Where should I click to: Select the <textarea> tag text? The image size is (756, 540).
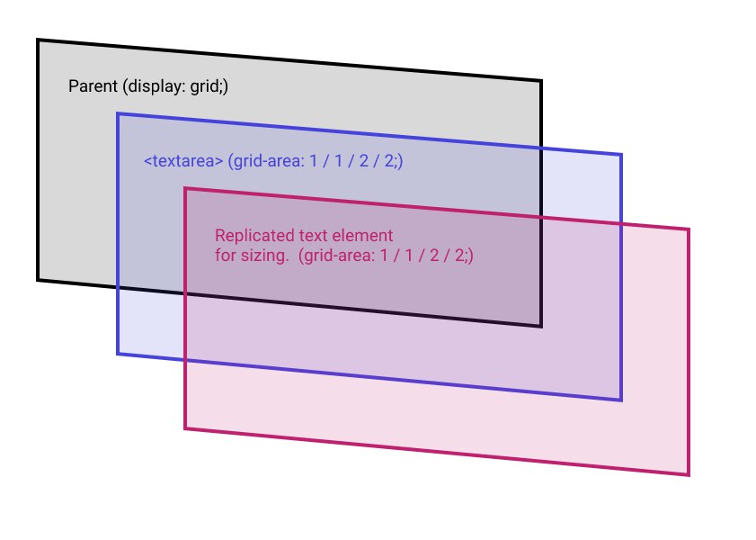(183, 162)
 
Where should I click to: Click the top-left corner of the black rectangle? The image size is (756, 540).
(38, 40)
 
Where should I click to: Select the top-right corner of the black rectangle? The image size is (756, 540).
(541, 82)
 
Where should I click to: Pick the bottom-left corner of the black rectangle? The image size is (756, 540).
(38, 280)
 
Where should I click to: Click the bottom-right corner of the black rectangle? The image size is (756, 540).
(541, 326)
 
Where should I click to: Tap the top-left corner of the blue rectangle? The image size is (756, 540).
(118, 113)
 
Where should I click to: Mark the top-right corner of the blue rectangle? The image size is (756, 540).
(621, 155)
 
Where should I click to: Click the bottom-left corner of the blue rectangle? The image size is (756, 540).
(118, 354)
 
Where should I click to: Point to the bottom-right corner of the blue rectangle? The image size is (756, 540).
(621, 400)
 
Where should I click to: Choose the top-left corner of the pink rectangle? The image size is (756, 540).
(185, 188)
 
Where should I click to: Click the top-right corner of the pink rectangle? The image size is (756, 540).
(689, 229)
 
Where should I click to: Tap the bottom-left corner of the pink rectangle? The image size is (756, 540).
(185, 428)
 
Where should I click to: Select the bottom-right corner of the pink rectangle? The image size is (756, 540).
(689, 474)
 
